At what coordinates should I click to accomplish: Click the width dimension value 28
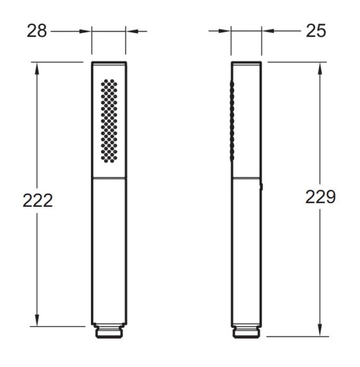pos(37,31)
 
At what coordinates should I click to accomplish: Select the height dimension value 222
pos(37,201)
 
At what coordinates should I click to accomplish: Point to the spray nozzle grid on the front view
pos(108,120)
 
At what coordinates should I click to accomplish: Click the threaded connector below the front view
pos(109,332)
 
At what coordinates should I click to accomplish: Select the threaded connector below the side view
pos(247,332)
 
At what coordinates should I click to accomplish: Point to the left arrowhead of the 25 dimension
pos(226,31)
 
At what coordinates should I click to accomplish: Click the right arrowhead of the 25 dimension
pos(267,31)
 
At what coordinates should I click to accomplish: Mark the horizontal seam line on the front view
pos(109,179)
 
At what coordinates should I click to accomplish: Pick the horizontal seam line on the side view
pos(247,179)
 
